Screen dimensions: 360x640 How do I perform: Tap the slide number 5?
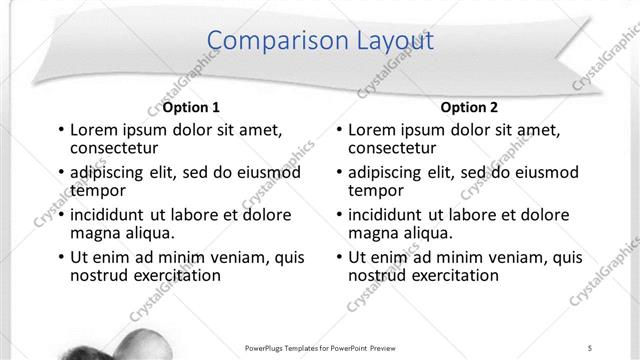click(591, 347)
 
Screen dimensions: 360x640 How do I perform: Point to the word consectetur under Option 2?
click(392, 148)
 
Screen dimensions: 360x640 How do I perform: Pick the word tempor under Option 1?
click(97, 189)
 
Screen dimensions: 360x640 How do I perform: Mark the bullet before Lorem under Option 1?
click(60, 130)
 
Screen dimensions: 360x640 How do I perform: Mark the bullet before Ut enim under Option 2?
click(339, 257)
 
